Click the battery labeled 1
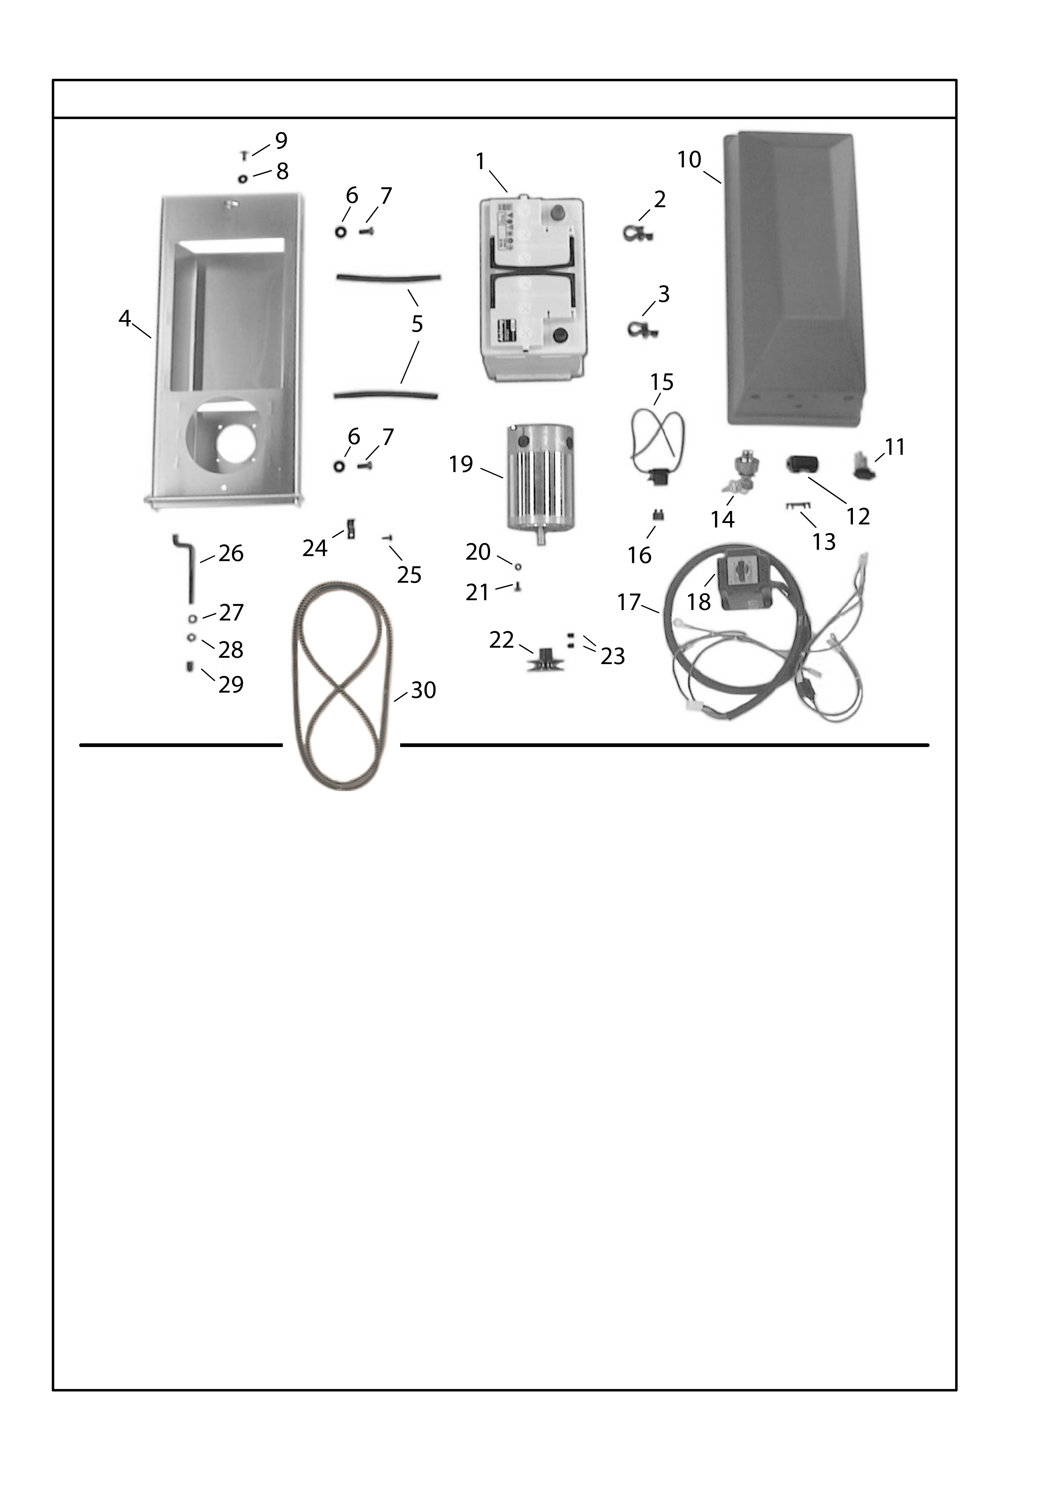click(x=531, y=290)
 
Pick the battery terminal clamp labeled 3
click(x=642, y=329)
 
